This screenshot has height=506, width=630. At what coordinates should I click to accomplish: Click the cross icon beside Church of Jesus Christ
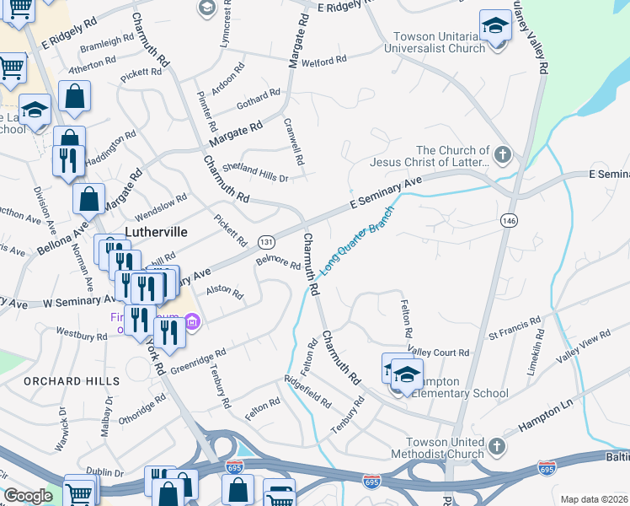502,155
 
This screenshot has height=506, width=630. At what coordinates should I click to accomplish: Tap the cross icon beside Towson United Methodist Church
497,445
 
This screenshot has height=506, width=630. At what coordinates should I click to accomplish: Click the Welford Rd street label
324,61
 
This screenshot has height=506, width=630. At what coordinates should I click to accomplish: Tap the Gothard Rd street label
258,98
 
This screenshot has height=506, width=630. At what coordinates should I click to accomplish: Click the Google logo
28,496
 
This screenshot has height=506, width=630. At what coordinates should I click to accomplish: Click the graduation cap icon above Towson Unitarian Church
495,24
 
